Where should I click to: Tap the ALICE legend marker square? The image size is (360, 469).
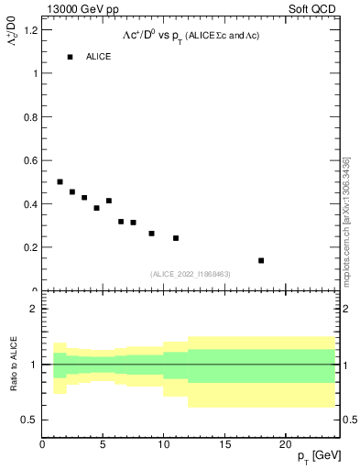(x=70, y=57)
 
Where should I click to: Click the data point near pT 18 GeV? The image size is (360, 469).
(x=261, y=260)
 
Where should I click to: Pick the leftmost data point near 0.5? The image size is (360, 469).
(x=60, y=181)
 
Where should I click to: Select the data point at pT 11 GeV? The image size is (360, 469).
(x=176, y=238)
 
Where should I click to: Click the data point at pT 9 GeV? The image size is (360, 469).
(x=151, y=234)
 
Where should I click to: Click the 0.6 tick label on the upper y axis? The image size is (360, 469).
(x=30, y=160)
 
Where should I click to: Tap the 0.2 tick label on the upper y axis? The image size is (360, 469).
(x=30, y=247)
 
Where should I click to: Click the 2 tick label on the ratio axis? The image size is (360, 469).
(x=34, y=309)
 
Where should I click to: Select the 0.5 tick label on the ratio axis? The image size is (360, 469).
(x=30, y=420)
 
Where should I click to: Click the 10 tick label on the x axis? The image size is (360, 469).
(x=164, y=444)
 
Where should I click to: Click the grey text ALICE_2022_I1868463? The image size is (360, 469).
(x=190, y=274)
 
